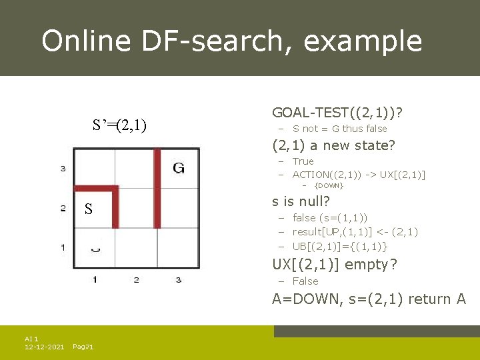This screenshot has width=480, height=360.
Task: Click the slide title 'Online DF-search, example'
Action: pyautogui.click(x=231, y=41)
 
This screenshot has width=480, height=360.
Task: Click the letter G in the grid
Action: pyautogui.click(x=179, y=168)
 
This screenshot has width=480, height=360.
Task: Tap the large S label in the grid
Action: pyautogui.click(x=89, y=209)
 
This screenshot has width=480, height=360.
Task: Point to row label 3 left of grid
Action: pyautogui.click(x=63, y=169)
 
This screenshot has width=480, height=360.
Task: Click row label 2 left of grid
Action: pyautogui.click(x=63, y=209)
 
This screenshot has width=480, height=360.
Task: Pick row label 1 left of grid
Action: pyautogui.click(x=63, y=247)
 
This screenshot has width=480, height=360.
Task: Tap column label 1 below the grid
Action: pyautogui.click(x=95, y=279)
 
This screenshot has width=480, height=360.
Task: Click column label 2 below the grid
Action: pyautogui.click(x=136, y=279)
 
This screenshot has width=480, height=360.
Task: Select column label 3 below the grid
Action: pyautogui.click(x=179, y=279)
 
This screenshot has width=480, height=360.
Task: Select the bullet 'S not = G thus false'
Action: pyautogui.click(x=339, y=129)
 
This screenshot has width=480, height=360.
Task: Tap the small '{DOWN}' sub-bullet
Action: pyautogui.click(x=329, y=185)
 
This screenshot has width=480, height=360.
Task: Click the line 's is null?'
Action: pyautogui.click(x=301, y=201)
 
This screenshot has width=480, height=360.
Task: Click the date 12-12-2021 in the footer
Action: pyautogui.click(x=44, y=347)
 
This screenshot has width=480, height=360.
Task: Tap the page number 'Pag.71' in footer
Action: pyautogui.click(x=83, y=347)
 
